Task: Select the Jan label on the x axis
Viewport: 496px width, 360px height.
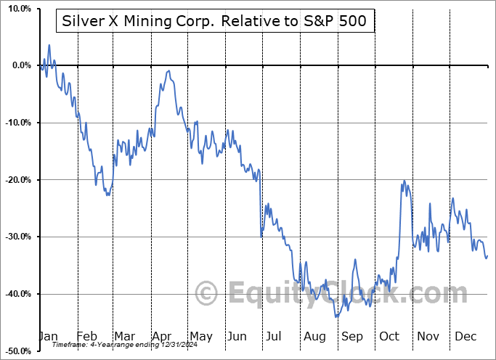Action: pyautogui.click(x=49, y=336)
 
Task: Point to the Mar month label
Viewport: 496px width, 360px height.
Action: pyautogui.click(x=123, y=336)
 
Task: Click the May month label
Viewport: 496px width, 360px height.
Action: pyautogui.click(x=200, y=336)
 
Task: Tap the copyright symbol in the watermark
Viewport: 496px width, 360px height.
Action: pyautogui.click(x=207, y=294)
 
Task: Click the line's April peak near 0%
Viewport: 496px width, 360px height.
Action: pyautogui.click(x=168, y=71)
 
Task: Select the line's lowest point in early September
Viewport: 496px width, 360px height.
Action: pyautogui.click(x=336, y=317)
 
